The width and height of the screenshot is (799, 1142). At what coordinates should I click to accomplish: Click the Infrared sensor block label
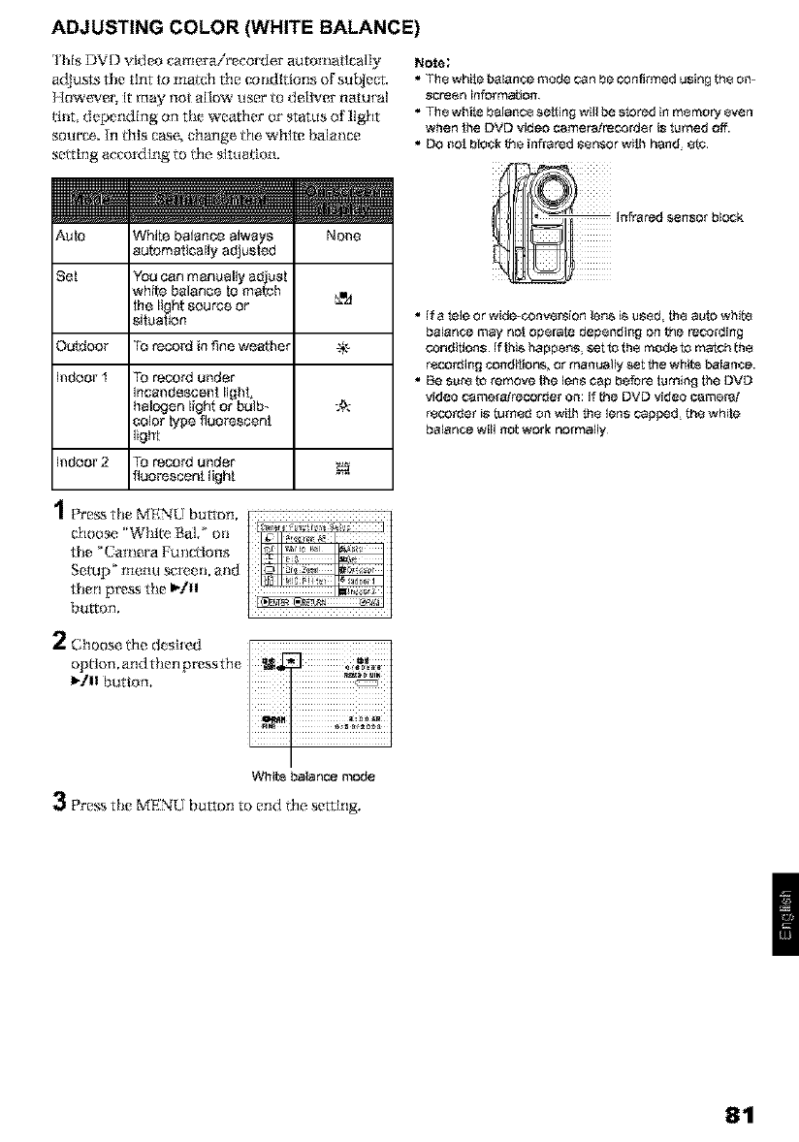point(678,217)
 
